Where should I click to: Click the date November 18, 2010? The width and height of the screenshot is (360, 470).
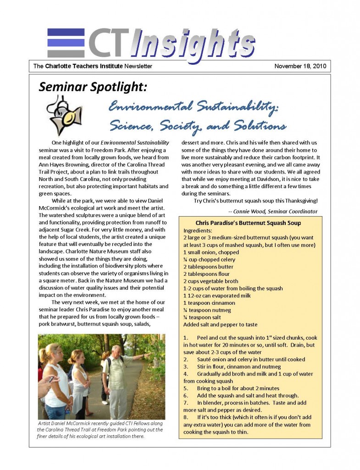[x=300, y=66]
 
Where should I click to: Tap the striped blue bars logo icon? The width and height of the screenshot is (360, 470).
[x=65, y=43]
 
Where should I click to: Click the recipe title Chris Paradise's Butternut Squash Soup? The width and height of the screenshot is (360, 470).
[x=248, y=223]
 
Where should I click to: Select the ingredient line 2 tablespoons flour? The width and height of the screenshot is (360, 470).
[x=208, y=274]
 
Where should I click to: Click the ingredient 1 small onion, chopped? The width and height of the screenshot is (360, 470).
[x=211, y=252]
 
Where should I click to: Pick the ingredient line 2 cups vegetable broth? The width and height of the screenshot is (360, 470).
[x=211, y=281]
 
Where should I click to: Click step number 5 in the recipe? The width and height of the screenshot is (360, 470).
[x=186, y=388]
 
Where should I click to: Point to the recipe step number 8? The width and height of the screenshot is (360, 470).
[x=186, y=417]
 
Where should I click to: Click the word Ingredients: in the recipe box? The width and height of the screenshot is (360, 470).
[x=198, y=230]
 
